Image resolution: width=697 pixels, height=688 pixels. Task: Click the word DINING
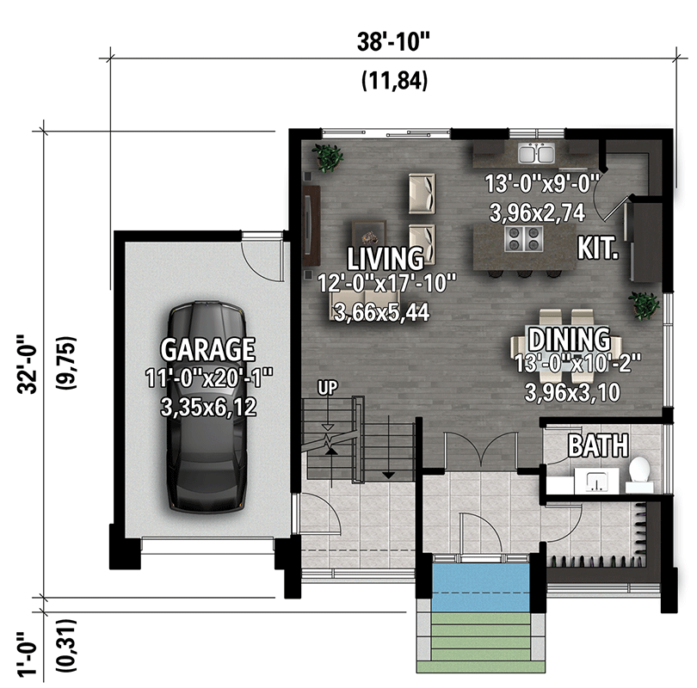[x=569, y=339]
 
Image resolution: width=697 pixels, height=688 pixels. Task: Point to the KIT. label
[x=598, y=249]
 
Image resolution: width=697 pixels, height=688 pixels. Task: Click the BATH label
[x=597, y=445]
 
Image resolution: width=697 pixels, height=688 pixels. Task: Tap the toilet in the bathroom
[x=638, y=472]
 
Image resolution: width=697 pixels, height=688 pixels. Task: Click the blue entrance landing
[x=480, y=580]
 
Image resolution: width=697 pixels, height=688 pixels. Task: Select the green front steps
[x=480, y=641]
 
